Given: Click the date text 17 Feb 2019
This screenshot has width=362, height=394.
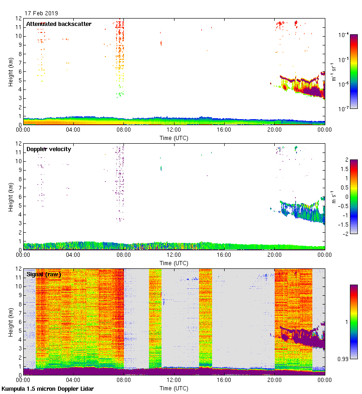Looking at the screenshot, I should [41, 13].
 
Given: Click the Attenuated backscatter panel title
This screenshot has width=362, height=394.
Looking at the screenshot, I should [58, 24].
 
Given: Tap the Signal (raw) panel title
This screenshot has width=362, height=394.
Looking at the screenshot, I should [44, 274].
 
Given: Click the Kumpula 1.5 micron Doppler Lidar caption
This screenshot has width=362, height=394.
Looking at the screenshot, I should [47, 388].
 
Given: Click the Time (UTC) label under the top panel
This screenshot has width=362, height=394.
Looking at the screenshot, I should [174, 138].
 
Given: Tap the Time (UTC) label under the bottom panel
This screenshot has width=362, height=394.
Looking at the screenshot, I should [174, 388].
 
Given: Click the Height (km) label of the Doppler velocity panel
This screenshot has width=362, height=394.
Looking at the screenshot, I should [11, 197].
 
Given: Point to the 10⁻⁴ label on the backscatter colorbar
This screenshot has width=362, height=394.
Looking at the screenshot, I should [344, 35].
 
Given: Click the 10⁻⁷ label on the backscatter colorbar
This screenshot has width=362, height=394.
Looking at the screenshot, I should [344, 109].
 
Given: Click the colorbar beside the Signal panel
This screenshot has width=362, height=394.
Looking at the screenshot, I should [354, 322].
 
